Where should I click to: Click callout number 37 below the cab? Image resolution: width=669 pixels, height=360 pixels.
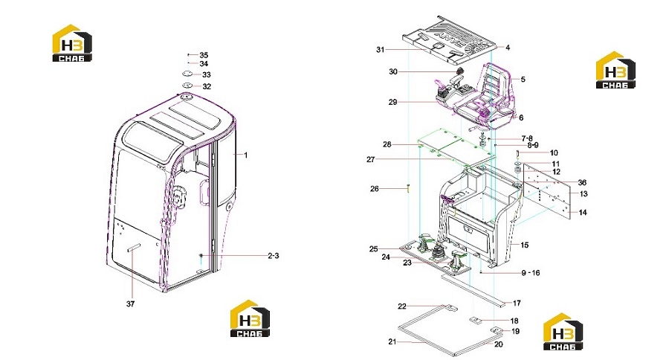[x=130, y=304]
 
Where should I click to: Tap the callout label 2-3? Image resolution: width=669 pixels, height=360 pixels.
[x=273, y=256]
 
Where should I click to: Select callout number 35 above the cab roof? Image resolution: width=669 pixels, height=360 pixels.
[x=204, y=55]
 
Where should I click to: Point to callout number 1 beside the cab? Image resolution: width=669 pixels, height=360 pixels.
[x=246, y=155]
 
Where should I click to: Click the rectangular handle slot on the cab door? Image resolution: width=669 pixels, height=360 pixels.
[x=133, y=247]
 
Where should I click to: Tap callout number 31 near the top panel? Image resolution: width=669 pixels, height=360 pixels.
[x=380, y=50]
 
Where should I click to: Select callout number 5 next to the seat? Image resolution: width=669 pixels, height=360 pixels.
[x=523, y=80]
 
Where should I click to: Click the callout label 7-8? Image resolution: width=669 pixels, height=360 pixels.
[x=527, y=138]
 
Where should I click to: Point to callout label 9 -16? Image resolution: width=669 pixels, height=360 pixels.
[x=530, y=273]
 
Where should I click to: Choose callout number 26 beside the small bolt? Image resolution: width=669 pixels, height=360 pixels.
[x=374, y=189]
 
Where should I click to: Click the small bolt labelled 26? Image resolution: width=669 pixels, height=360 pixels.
[x=408, y=188]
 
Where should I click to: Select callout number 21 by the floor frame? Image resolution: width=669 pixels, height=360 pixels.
[x=392, y=341]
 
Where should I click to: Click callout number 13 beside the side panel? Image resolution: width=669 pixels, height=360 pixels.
[x=584, y=193]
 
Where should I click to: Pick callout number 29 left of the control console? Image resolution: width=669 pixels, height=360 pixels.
[x=392, y=102]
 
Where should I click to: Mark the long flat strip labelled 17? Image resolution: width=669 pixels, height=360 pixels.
[x=474, y=291]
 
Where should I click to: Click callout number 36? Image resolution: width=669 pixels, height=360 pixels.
[x=582, y=183]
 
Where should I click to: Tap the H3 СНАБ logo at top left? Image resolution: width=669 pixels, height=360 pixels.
[x=71, y=42]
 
